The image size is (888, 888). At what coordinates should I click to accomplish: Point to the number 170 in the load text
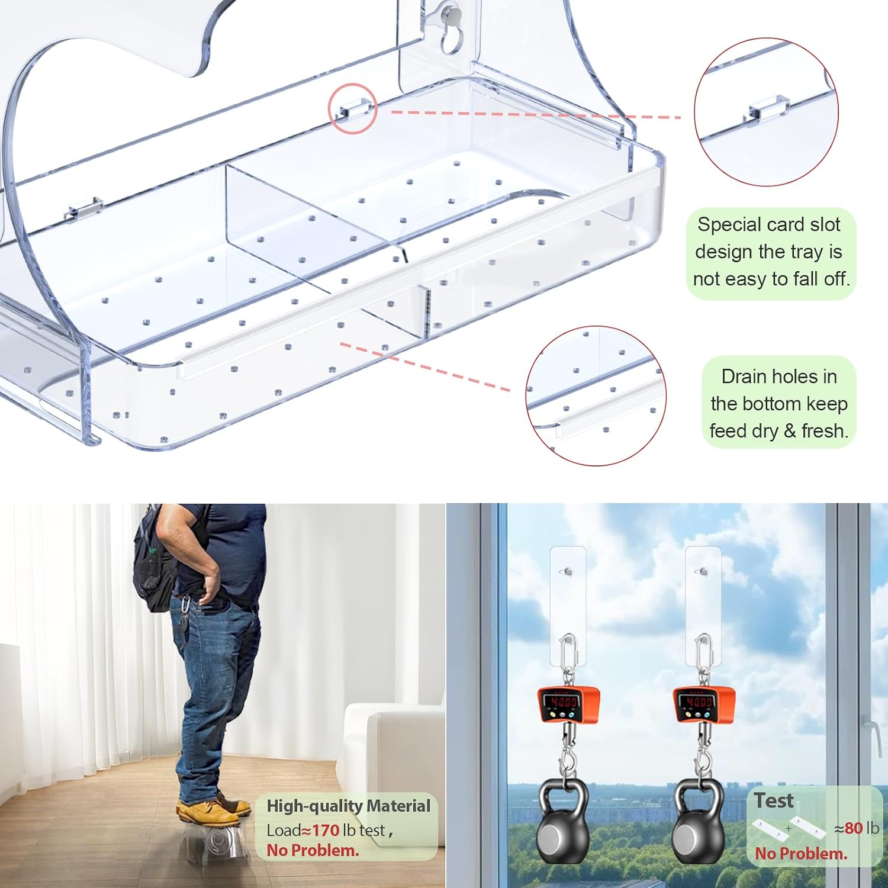click(326, 830)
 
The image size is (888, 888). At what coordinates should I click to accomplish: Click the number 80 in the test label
click(853, 828)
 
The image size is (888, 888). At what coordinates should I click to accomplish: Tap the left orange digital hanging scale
click(568, 706)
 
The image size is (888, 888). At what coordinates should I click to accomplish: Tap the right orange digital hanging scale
click(703, 706)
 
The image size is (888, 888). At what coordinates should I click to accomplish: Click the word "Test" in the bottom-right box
click(774, 800)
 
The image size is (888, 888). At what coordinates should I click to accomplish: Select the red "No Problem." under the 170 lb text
click(313, 851)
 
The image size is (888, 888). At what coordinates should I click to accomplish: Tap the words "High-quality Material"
click(348, 806)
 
